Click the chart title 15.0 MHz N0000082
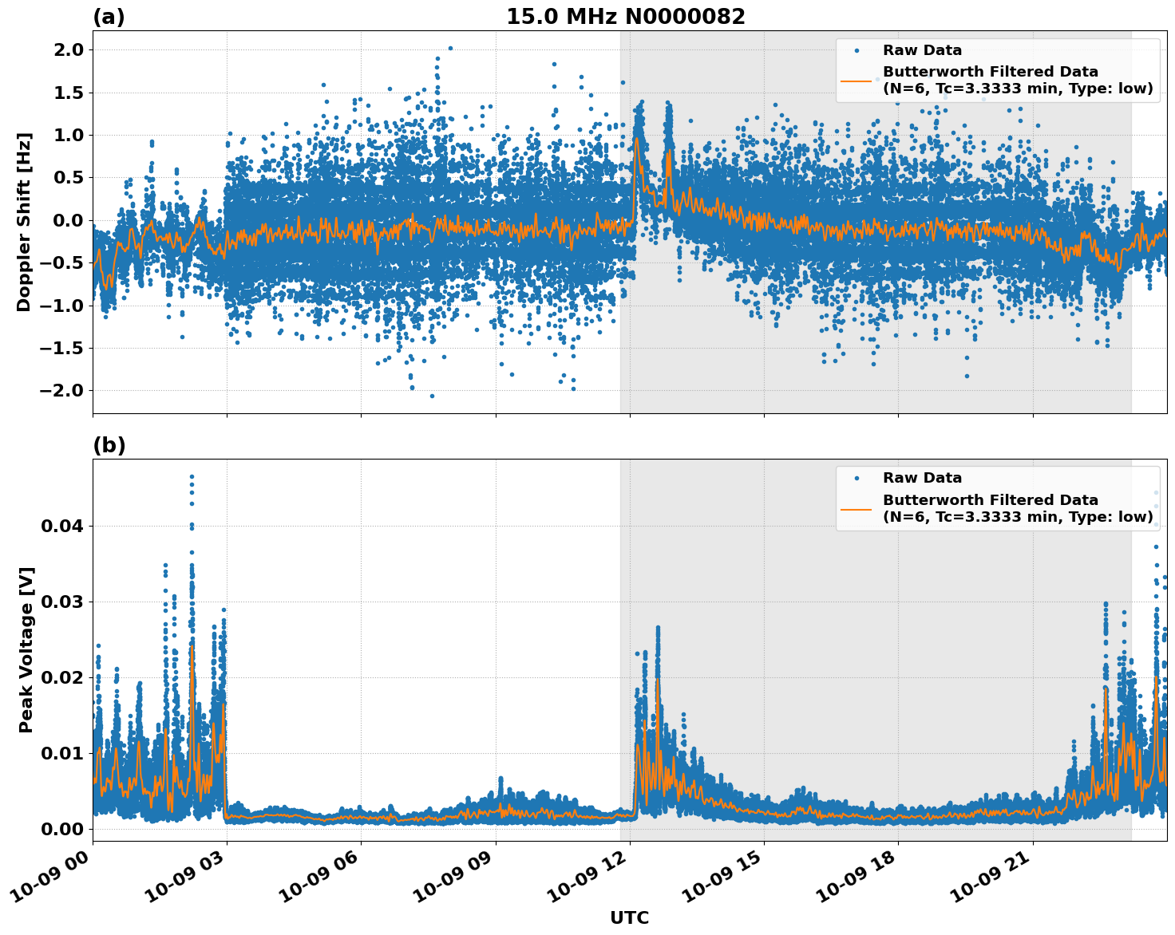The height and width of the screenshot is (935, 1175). pyautogui.click(x=625, y=17)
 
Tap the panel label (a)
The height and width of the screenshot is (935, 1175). pyautogui.click(x=109, y=17)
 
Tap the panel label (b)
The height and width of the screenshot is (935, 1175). pyautogui.click(x=109, y=445)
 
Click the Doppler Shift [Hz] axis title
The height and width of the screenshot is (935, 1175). pyautogui.click(x=24, y=222)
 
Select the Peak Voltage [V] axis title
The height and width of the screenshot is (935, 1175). pyautogui.click(x=26, y=650)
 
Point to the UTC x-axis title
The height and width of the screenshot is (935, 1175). pyautogui.click(x=629, y=917)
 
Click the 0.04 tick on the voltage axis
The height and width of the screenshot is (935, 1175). pyautogui.click(x=61, y=526)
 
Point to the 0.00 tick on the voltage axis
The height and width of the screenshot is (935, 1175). pyautogui.click(x=61, y=829)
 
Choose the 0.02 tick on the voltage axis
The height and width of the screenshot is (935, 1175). pyautogui.click(x=61, y=677)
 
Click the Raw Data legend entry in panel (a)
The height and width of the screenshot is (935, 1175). pyautogui.click(x=922, y=50)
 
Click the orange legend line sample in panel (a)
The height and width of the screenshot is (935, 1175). pyautogui.click(x=856, y=80)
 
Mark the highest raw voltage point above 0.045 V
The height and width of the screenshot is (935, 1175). pyautogui.click(x=192, y=476)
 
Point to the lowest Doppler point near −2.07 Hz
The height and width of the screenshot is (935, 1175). pyautogui.click(x=432, y=396)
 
